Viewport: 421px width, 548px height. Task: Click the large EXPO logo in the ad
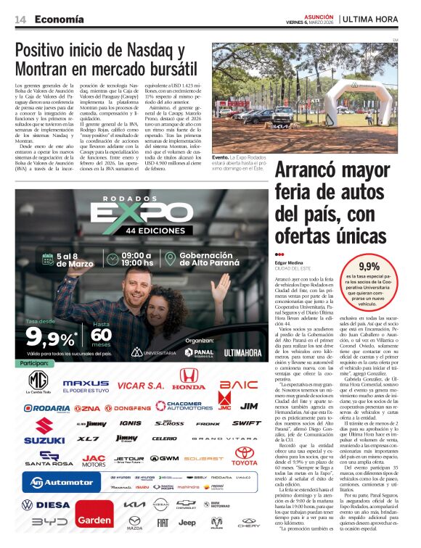[130, 211]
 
